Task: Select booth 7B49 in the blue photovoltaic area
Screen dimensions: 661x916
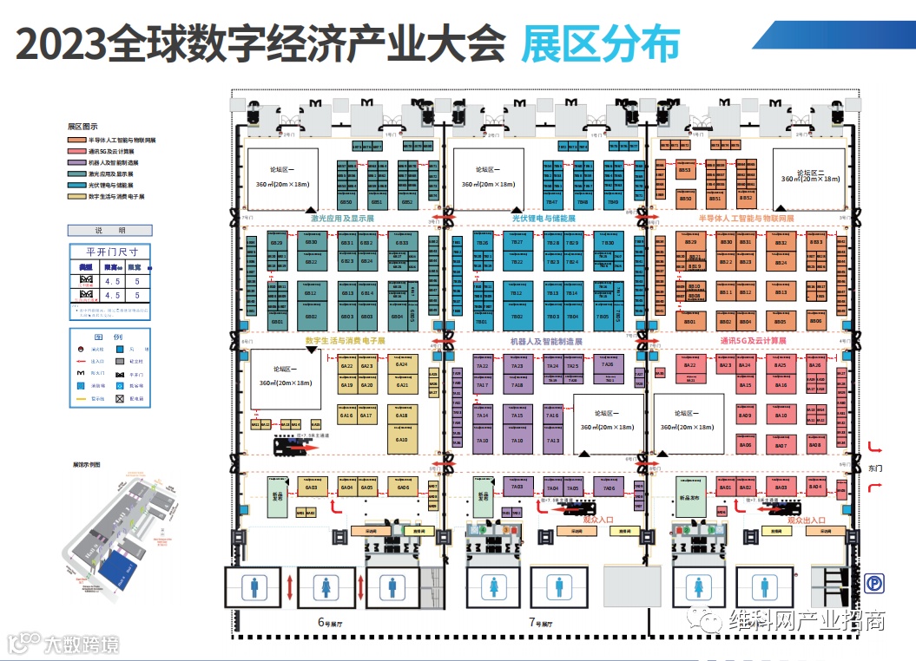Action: coord(613,201)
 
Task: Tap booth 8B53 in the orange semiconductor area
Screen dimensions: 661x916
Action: coord(685,170)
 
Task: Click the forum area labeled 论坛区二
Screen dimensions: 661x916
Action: coord(810,178)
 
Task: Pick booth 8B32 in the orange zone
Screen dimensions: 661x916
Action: coord(781,243)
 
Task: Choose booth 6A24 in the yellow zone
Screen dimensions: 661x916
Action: coord(402,365)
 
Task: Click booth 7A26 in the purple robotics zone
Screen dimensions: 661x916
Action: coord(608,365)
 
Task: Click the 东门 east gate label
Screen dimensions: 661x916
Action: coord(875,468)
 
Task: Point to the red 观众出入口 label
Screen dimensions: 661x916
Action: coord(812,520)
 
